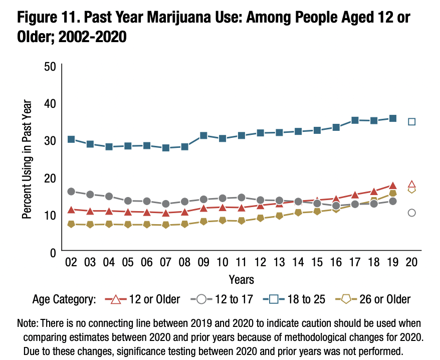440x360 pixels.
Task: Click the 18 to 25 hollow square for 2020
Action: pos(412,121)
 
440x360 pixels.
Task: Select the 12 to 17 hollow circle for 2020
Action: pos(412,213)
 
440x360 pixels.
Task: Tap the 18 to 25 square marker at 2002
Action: pos(71,139)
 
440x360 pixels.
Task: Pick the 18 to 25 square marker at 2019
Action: pos(393,118)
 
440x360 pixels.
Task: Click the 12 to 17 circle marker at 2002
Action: pos(71,192)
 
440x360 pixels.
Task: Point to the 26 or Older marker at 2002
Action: pos(71,224)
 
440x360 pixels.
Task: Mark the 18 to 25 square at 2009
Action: pos(203,135)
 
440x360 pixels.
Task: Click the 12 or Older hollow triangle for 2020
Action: pos(412,184)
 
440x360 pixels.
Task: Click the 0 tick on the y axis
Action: pos(52,252)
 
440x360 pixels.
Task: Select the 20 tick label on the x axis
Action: pos(412,262)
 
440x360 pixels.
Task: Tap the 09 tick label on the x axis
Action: pos(203,262)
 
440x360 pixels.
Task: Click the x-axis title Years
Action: pos(241,279)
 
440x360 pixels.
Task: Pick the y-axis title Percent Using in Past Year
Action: pos(27,159)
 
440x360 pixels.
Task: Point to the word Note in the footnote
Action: pos(27,323)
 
